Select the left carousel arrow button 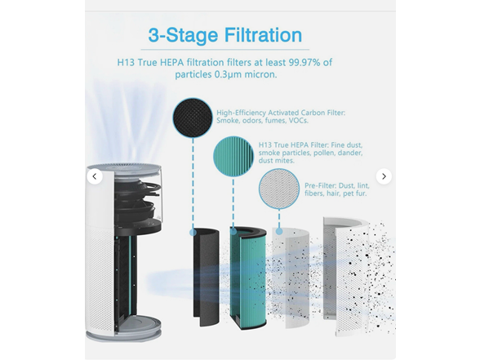coord(95,176)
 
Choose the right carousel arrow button coord(384,176)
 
